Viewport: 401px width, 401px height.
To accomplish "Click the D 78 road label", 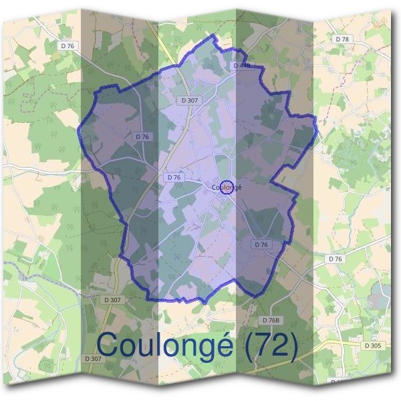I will click(343, 39).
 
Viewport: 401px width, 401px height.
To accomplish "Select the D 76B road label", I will click(270, 321).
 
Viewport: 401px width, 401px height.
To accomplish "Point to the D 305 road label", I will click(373, 346).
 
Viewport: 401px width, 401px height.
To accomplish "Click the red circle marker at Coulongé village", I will click(227, 187).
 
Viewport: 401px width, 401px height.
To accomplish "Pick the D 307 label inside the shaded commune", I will click(190, 100).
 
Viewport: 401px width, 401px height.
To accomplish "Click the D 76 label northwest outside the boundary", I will click(67, 46).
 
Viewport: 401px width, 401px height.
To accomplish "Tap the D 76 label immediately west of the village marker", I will click(173, 177).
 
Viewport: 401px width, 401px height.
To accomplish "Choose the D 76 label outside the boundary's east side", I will click(335, 258).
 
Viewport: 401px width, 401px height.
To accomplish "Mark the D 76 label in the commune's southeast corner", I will click(261, 245).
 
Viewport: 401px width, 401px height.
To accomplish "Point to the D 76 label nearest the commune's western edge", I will click(142, 136).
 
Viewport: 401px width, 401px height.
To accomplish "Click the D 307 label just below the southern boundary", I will click(112, 300).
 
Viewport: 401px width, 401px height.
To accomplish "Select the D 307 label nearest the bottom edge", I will click(94, 359).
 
